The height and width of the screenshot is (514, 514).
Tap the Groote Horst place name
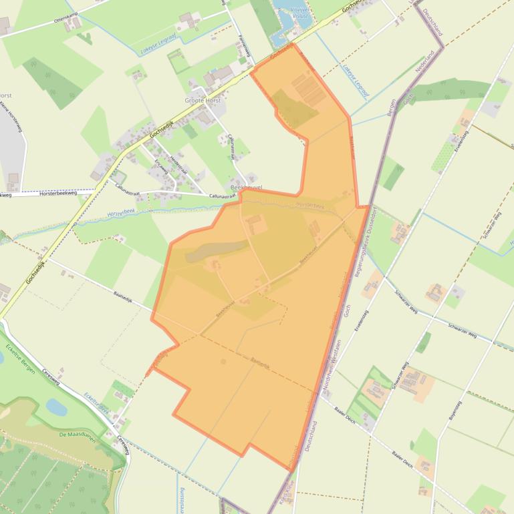pos(202,101)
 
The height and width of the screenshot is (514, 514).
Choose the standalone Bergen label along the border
pos(391,107)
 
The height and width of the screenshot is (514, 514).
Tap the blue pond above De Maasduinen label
pos(56,407)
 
